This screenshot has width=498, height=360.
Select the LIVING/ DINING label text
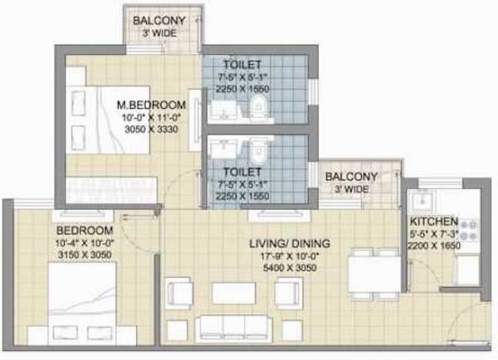[290, 243]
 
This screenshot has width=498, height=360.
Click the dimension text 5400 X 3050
[290, 268]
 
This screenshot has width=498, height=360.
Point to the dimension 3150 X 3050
[60, 255]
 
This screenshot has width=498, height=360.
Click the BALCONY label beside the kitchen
[351, 177]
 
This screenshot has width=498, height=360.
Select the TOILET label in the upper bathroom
[242, 65]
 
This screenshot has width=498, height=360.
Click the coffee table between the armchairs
[233, 293]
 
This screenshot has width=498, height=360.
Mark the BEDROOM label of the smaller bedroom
[61, 230]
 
